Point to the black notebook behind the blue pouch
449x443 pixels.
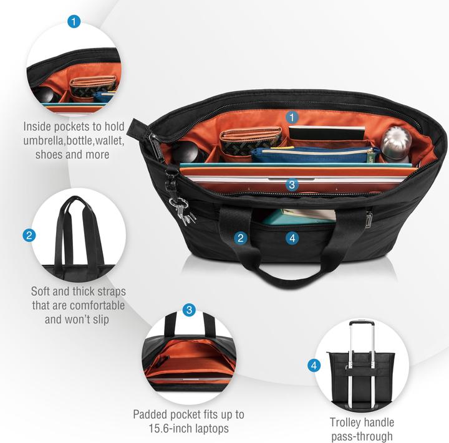point(327,133)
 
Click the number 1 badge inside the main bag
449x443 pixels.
point(292,117)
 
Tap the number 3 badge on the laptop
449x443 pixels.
point(292,184)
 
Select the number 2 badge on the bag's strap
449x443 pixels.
point(242,237)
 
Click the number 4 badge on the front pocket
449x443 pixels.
point(292,237)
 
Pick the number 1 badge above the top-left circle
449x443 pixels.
point(74,22)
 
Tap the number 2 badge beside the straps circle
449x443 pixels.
point(29,236)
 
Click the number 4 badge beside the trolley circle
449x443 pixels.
point(314,365)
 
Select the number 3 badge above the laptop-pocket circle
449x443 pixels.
point(190,310)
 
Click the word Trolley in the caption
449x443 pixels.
point(346,422)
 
